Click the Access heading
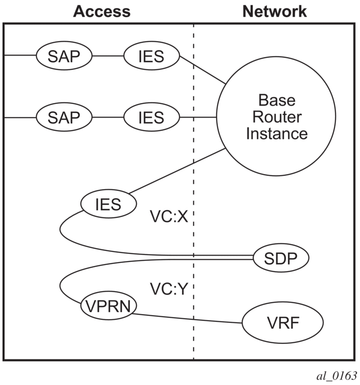102,11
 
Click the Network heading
274,11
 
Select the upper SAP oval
64,55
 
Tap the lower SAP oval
64,117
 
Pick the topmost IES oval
151,55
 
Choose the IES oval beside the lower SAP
151,117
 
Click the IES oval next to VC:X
109,204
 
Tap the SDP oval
280,259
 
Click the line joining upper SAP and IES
107,55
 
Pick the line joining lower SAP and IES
107,117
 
